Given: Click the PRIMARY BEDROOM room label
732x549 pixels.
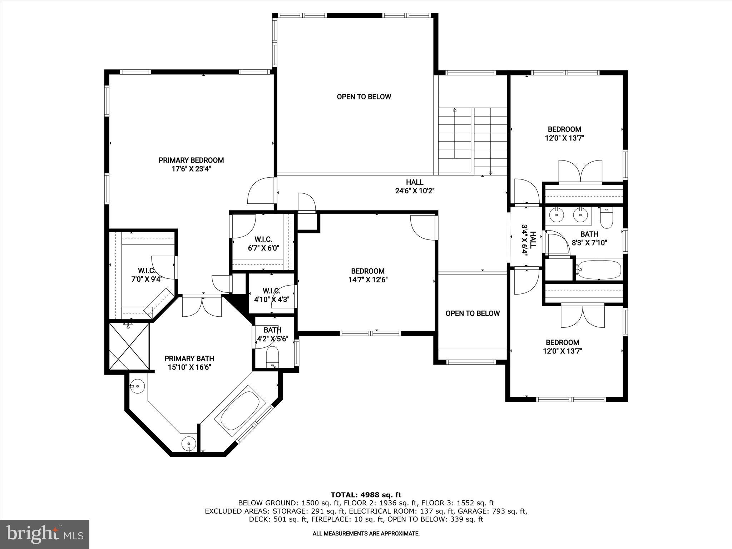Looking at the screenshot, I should (191, 160).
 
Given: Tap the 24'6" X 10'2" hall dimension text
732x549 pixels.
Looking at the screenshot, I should (415, 191).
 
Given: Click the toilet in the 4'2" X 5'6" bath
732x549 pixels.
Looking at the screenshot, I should (273, 355).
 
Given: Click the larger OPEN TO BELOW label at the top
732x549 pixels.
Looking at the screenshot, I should (364, 97).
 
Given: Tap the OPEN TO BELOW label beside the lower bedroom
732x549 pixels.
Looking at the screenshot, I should (473, 313).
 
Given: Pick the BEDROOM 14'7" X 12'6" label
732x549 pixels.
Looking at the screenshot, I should (368, 275).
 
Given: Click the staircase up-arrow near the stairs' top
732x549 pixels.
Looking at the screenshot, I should (455, 110).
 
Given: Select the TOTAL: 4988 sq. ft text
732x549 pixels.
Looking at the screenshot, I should (366, 495).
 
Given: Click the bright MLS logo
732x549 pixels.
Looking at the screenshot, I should (45, 534).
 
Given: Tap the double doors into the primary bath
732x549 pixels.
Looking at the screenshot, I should (202, 307).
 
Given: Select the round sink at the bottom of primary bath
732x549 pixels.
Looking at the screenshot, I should (189, 444).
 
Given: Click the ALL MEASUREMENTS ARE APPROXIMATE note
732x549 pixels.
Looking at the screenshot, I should (366, 533).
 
